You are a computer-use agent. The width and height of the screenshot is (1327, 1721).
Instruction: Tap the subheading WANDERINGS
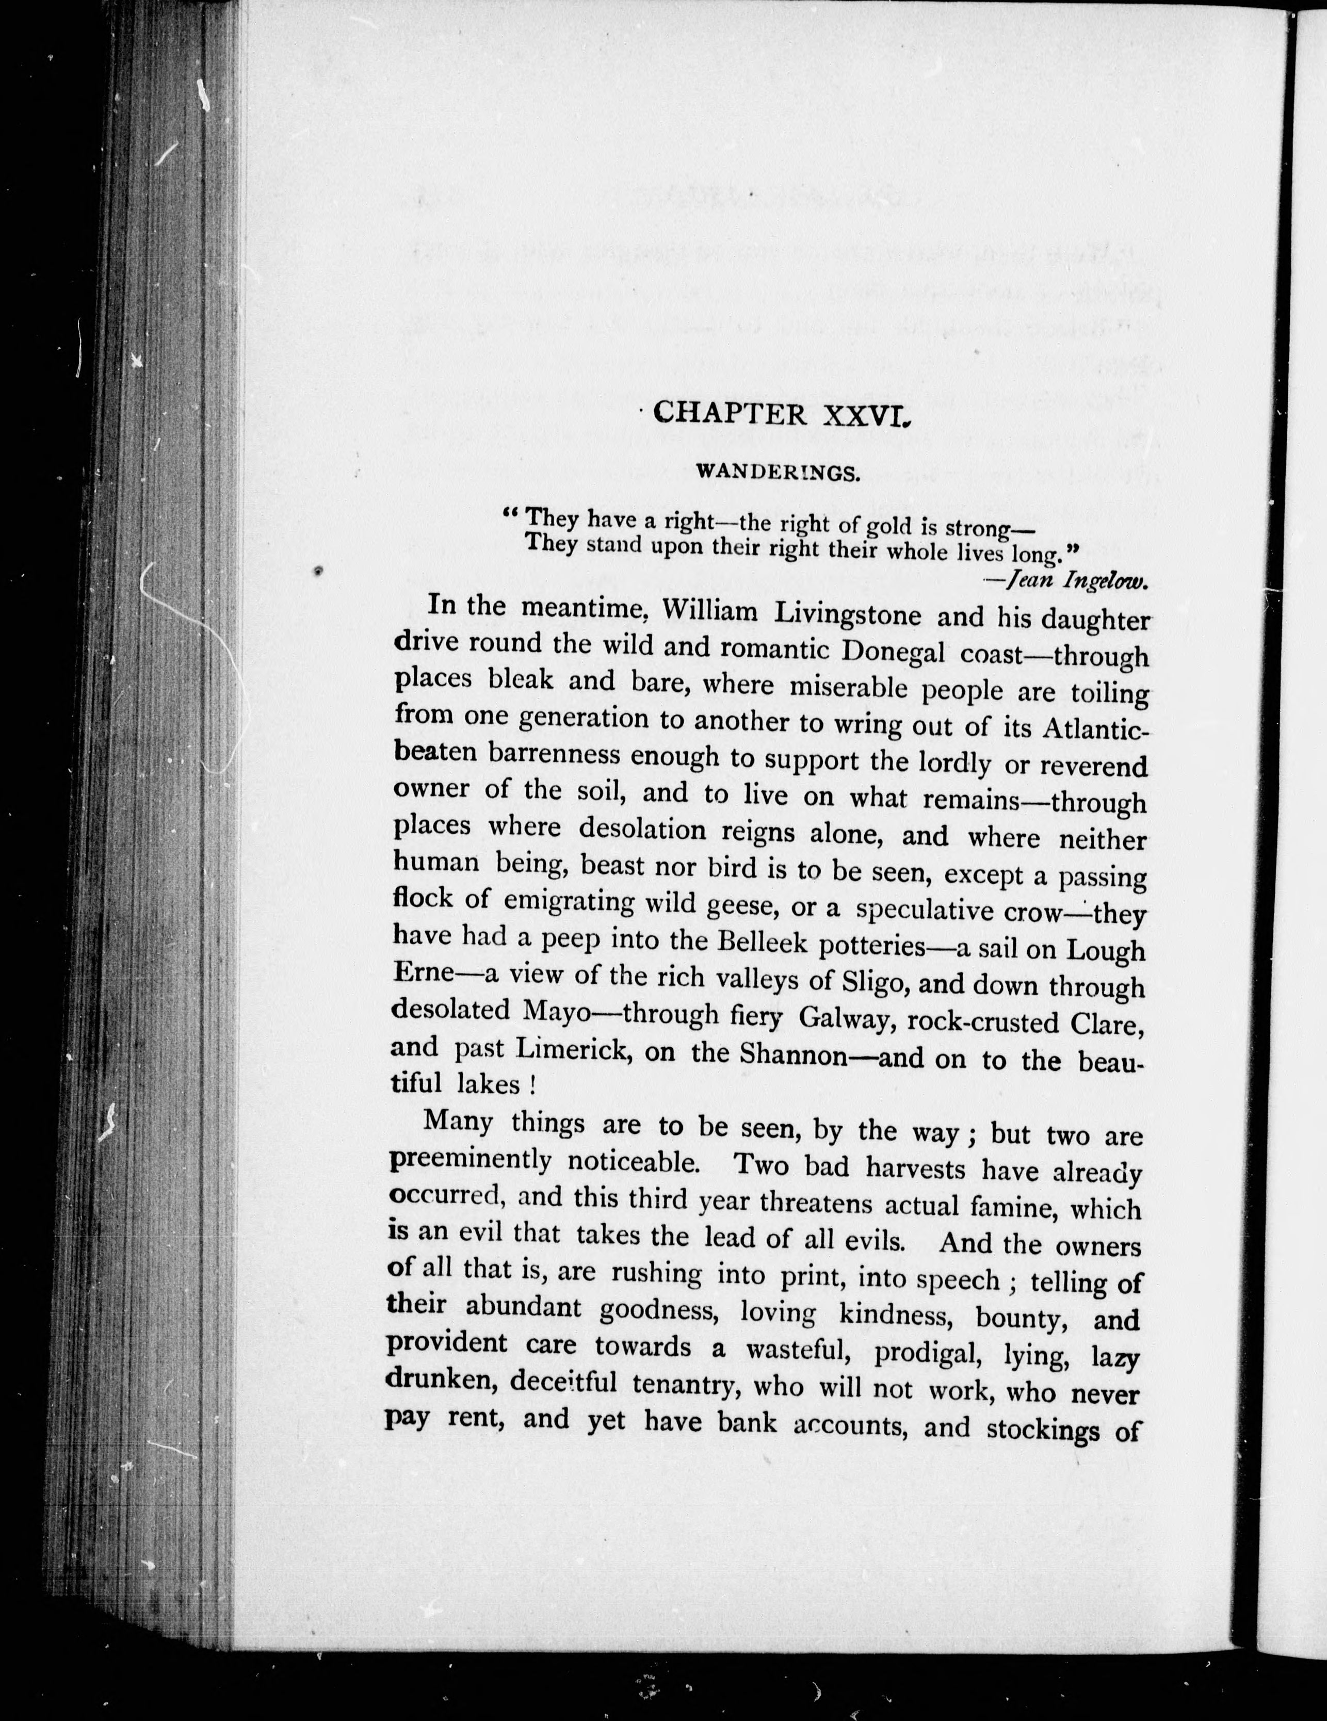coord(778,473)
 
